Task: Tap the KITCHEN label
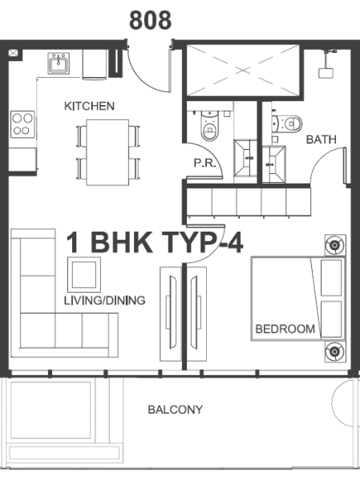[89, 106]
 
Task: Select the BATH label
[321, 139]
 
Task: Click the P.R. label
[201, 163]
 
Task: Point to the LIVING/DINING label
[104, 301]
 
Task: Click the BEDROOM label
[285, 329]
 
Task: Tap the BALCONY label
[175, 410]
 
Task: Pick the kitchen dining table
[107, 151]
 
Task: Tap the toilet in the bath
[289, 123]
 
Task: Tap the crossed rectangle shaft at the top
[243, 72]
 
